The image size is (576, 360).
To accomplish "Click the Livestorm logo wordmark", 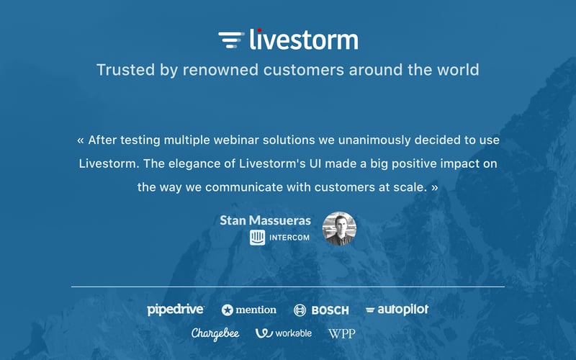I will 303,40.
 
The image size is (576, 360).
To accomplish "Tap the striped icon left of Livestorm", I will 230,40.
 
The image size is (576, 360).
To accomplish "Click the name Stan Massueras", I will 265,220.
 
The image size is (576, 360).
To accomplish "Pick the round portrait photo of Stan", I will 339,229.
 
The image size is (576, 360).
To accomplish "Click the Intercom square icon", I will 257,238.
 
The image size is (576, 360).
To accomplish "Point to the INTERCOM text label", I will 289,238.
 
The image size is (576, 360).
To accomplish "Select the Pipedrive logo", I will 176,310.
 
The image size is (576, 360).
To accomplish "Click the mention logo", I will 249,310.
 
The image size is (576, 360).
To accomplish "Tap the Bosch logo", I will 321,310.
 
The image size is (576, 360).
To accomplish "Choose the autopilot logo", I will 397,310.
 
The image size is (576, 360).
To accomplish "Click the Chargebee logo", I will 215,333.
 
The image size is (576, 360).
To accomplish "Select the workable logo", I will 284,333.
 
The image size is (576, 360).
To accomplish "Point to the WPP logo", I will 341,333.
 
